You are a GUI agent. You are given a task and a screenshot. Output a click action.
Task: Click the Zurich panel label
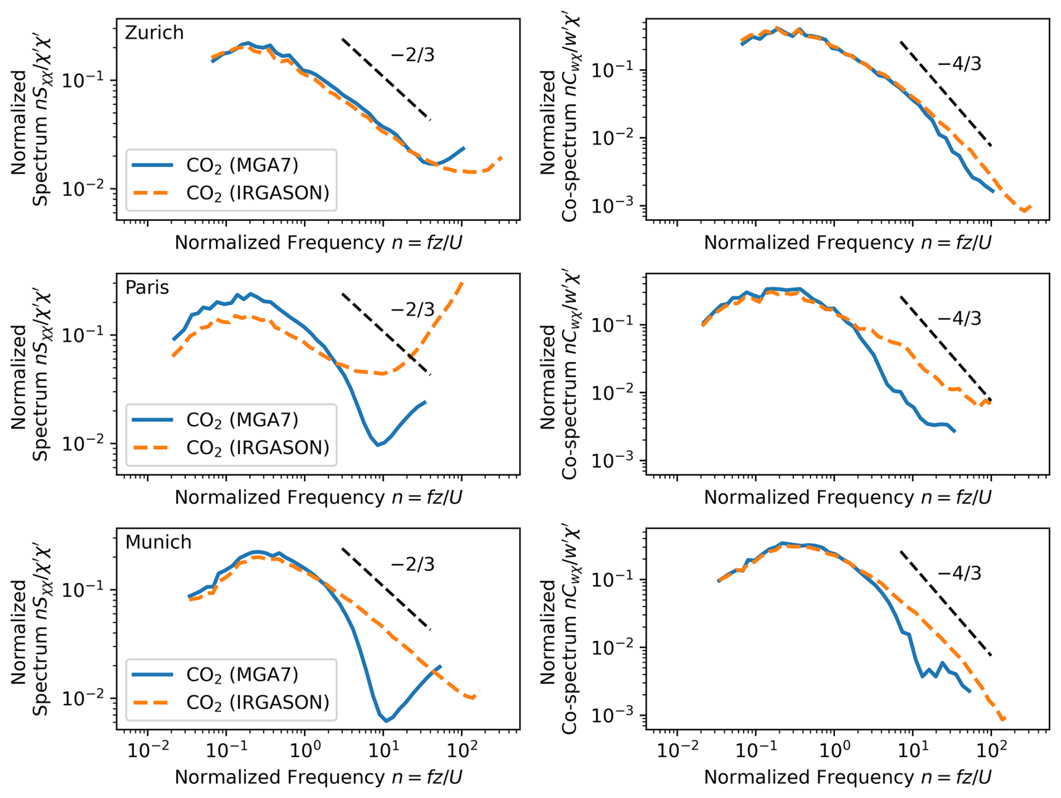tap(154, 33)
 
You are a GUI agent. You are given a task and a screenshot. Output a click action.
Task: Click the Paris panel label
tap(147, 287)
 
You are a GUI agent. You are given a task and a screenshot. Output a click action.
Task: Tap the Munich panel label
tap(158, 542)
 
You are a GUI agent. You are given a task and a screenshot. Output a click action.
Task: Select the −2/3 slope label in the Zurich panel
tap(412, 55)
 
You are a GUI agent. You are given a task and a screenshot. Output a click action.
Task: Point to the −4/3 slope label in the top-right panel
tap(959, 64)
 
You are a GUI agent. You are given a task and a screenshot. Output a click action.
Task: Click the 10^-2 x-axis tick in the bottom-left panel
tap(147, 750)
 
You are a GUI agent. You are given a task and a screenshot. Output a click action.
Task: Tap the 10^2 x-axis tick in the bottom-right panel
tap(991, 750)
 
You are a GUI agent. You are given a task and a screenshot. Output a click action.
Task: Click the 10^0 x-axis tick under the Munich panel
tap(305, 750)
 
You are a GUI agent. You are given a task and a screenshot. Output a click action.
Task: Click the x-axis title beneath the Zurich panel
tap(318, 242)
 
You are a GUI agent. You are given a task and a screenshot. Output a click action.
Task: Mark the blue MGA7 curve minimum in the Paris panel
tap(379, 445)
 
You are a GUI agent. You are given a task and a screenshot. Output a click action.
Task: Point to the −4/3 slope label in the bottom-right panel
tap(959, 573)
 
